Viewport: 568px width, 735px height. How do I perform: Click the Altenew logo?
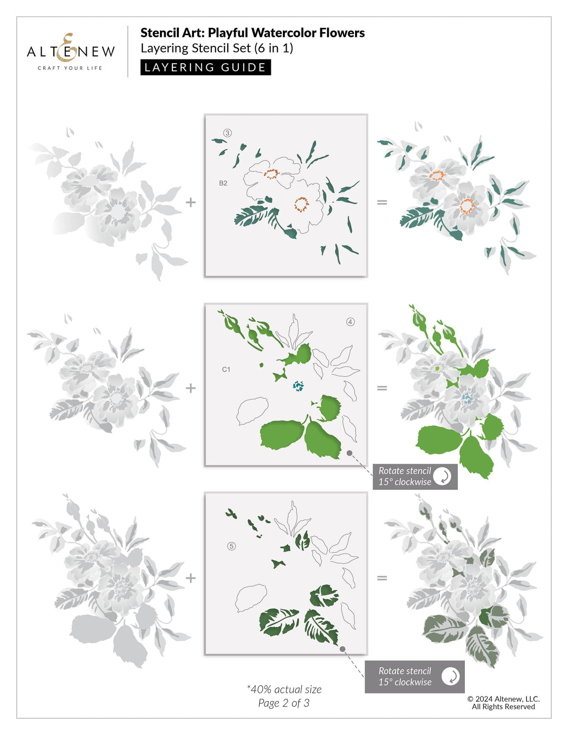[70, 50]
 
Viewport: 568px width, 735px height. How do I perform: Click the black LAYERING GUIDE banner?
[205, 67]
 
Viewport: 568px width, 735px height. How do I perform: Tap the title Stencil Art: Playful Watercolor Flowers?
[252, 33]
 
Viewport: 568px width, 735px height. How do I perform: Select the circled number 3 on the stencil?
[227, 133]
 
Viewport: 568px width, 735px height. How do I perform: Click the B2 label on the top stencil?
[223, 183]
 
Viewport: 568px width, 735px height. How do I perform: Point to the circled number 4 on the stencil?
[350, 322]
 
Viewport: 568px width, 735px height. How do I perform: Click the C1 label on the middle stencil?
[226, 370]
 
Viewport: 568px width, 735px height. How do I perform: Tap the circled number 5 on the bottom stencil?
[231, 546]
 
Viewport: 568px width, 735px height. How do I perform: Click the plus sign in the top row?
[190, 202]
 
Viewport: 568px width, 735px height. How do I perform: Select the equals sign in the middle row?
[382, 388]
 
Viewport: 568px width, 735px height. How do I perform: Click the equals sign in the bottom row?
[382, 578]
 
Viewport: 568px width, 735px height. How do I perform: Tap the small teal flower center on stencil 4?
[298, 386]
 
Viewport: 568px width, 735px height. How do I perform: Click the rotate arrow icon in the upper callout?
[442, 476]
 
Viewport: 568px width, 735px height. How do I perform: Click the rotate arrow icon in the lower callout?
[450, 677]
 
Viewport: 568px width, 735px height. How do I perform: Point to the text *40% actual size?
[284, 689]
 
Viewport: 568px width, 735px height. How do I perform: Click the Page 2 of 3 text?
[283, 703]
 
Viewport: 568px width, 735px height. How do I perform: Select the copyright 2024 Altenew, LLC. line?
[503, 699]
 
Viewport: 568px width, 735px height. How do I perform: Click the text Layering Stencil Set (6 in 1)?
[217, 48]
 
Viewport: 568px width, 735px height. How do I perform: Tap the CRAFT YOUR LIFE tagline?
[70, 68]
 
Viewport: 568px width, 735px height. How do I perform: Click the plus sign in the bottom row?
[190, 578]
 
